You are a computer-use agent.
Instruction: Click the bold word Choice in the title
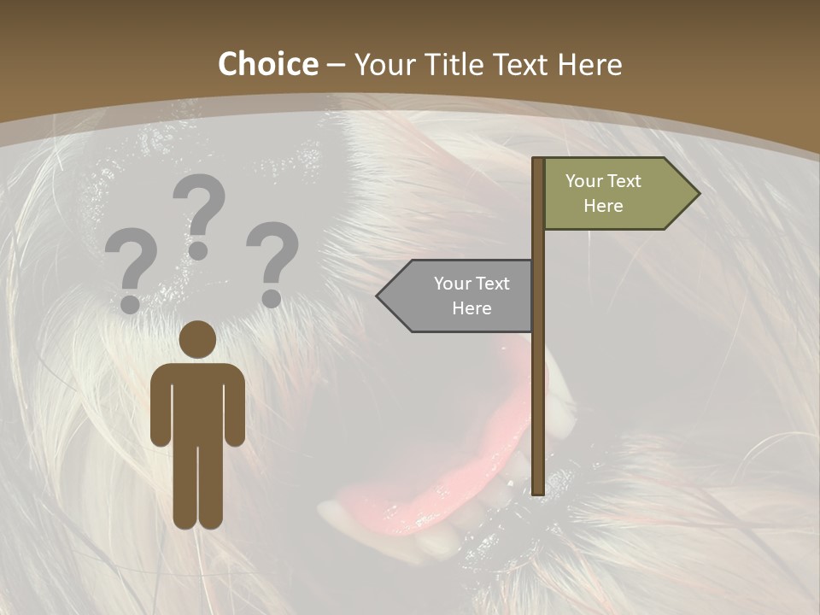pos(267,65)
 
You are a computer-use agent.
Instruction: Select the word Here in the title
pos(589,65)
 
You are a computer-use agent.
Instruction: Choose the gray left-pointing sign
pos(461,296)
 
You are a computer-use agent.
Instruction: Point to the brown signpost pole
pos(538,384)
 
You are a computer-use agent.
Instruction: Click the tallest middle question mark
pos(200,214)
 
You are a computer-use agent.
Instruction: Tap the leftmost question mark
pos(131,267)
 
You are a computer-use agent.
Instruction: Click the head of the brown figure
pos(197,339)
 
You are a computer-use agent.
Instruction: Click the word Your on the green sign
pos(584,181)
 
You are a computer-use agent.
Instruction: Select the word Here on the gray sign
pos(471,308)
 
